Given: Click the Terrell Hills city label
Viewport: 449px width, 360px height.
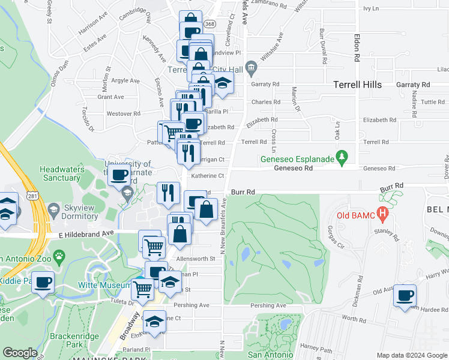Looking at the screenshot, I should [x=357, y=85].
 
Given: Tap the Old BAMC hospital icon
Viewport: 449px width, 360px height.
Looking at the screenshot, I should [x=381, y=214].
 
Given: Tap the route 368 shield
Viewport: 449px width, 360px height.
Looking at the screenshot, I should [x=209, y=23].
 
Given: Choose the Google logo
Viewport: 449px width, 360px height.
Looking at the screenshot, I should [x=20, y=353].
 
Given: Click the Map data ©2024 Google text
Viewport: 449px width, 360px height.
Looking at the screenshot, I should [x=412, y=355].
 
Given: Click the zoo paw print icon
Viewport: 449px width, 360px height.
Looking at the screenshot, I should [x=59, y=258].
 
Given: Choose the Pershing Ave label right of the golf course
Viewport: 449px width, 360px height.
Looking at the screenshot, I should [x=268, y=305].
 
